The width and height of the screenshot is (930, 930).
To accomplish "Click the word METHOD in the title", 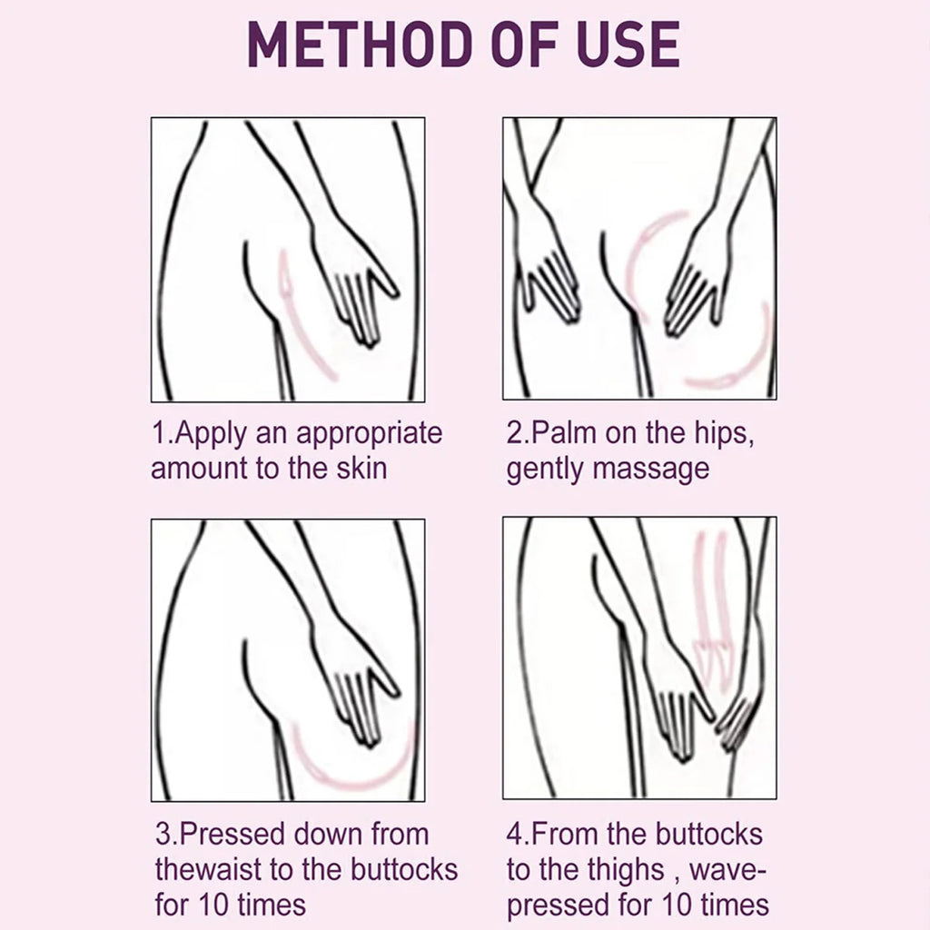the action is point(358,44).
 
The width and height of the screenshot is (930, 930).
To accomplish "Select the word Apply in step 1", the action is point(211,434).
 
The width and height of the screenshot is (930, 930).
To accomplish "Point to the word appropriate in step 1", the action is point(370,434).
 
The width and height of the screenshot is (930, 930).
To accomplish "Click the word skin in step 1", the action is point(361,468).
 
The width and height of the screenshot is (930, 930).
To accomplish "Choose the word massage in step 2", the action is point(651,470).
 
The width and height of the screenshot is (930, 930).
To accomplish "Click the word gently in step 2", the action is point(546,470).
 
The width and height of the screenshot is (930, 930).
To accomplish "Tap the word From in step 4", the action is point(566,834).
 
